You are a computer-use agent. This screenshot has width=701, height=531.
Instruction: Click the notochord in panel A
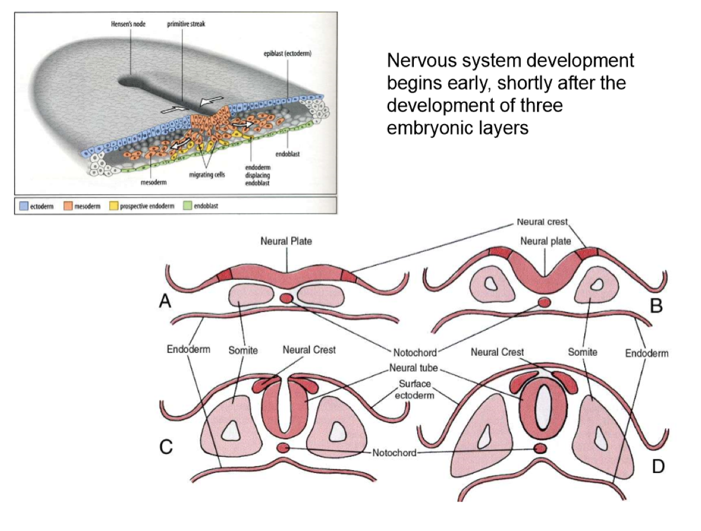(x=287, y=298)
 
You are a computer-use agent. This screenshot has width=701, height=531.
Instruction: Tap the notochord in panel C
(x=283, y=448)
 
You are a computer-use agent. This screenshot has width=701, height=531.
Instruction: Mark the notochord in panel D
(x=540, y=448)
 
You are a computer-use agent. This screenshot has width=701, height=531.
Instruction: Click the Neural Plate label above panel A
(x=286, y=241)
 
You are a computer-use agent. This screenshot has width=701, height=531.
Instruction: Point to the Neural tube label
(x=412, y=368)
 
